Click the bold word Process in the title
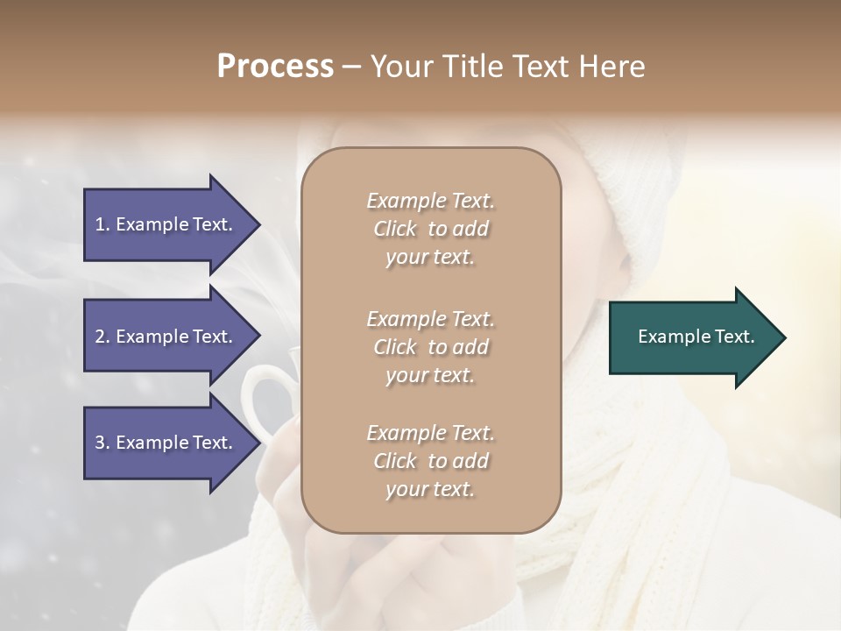click(x=275, y=67)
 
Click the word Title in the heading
click(x=474, y=67)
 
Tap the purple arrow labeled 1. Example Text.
click(x=166, y=224)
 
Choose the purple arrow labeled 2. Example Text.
click(x=166, y=337)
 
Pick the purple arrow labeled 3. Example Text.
click(x=166, y=443)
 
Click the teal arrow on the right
click(x=692, y=337)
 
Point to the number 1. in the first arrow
click(x=102, y=224)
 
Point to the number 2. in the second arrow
click(x=102, y=337)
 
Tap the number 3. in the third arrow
click(x=102, y=443)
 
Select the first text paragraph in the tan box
click(x=430, y=229)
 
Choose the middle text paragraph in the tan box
click(x=430, y=347)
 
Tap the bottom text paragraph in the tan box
click(x=430, y=461)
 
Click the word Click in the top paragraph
click(x=395, y=229)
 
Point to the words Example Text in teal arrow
click(x=696, y=337)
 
